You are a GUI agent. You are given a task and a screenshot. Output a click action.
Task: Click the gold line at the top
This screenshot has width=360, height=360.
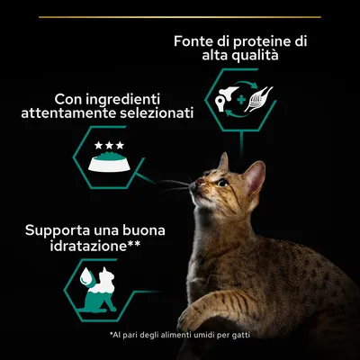pos(180,16)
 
